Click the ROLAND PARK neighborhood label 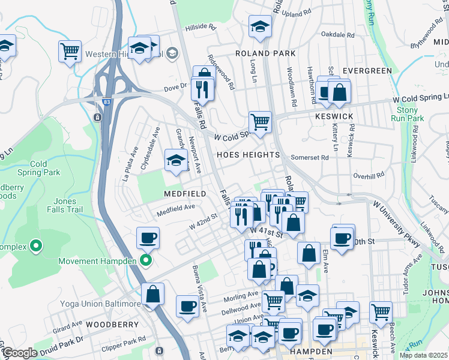coord(265,53)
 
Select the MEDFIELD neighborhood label coord(185,194)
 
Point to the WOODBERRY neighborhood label coord(109,324)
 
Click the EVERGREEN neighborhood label coord(367,71)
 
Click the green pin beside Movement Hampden coord(145,260)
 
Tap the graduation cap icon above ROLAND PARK coord(260,26)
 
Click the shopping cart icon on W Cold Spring coord(260,122)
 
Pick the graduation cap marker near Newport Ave coord(175,160)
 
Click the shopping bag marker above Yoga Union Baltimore coord(153,294)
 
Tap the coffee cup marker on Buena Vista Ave coord(187,307)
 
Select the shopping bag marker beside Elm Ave coord(309,253)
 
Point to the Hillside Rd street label coord(200,27)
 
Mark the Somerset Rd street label coord(309,158)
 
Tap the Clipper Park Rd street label coord(125,339)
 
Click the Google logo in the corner coord(19,353)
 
